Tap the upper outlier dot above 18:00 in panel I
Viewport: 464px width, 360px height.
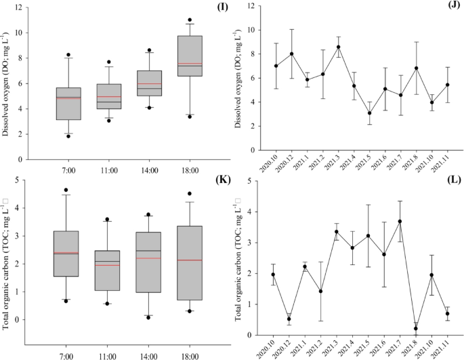coord(190,20)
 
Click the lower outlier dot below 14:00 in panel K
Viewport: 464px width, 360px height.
coord(148,317)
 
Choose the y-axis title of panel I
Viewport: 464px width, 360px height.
coord(6,85)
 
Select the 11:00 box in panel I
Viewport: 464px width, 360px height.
coord(108,96)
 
